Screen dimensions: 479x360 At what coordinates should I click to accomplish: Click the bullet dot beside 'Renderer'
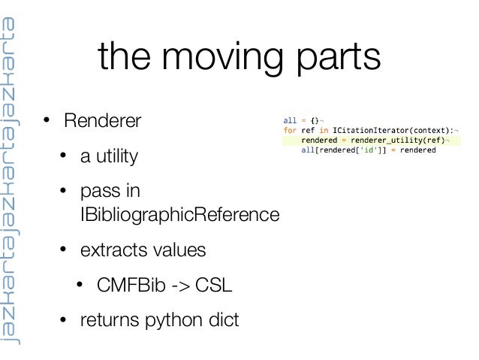coord(47,122)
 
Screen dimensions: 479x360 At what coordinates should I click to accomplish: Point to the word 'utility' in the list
coord(116,158)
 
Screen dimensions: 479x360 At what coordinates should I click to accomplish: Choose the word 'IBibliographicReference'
coord(179,216)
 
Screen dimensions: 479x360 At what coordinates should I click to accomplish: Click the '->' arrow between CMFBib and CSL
coord(178,286)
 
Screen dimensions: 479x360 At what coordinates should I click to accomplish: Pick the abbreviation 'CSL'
coord(213,286)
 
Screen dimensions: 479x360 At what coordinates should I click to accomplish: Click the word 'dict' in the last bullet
coord(222,321)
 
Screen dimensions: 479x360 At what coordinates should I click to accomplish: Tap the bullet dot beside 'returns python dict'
coord(65,322)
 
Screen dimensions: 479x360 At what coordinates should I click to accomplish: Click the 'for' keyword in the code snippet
coord(290,129)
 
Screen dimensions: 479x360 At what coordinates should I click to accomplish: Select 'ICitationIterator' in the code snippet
coord(363,129)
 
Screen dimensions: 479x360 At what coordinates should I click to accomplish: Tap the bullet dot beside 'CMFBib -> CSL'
coord(82,286)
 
